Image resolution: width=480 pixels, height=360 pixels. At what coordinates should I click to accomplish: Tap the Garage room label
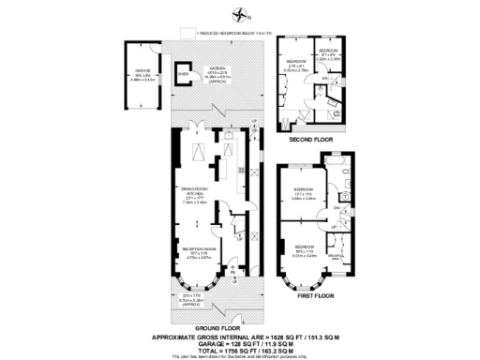click(142, 75)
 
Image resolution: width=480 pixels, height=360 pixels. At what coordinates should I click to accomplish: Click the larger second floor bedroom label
click(297, 65)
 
